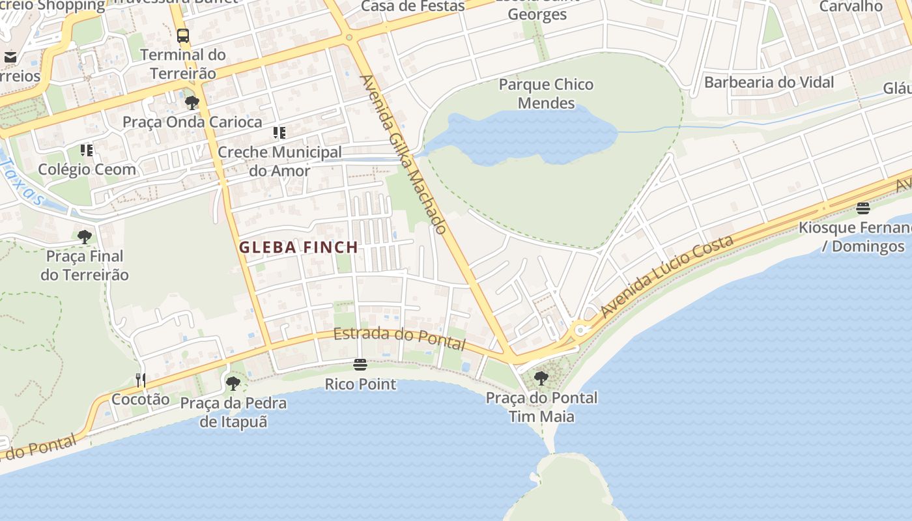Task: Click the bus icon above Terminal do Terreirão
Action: click(183, 36)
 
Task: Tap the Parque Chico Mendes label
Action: click(546, 94)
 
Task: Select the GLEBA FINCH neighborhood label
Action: click(298, 247)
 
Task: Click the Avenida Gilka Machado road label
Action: click(403, 155)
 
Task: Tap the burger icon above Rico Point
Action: click(360, 364)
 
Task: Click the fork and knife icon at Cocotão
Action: click(140, 380)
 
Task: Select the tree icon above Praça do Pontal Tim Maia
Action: click(541, 378)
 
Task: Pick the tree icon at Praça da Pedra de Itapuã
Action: click(233, 384)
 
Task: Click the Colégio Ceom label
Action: click(87, 169)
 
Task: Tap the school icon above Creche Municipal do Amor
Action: click(279, 133)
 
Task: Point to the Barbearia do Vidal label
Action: click(769, 83)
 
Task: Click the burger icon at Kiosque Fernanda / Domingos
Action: click(863, 208)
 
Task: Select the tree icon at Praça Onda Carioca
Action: click(192, 102)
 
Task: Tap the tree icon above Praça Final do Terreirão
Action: click(84, 236)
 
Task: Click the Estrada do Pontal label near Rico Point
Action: click(399, 339)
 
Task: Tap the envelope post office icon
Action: click(10, 57)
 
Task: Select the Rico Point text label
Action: click(360, 384)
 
